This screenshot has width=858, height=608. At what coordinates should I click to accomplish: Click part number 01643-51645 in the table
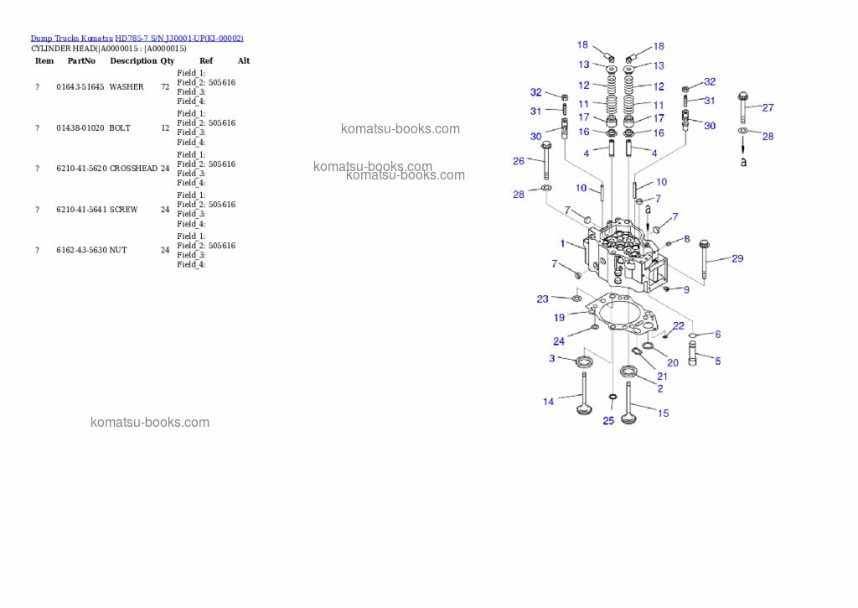80,87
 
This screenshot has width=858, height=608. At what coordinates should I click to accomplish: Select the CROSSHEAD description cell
133,169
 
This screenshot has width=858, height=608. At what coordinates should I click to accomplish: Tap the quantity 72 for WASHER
165,87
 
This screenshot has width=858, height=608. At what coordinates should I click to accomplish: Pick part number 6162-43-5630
80,250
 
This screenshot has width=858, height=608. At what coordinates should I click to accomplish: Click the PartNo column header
81,60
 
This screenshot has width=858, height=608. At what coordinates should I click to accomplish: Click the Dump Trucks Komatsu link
71,38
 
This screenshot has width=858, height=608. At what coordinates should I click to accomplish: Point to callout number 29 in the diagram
737,258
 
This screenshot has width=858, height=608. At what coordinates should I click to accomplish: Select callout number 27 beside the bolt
768,107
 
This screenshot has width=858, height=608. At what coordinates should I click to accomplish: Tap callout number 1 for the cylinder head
562,243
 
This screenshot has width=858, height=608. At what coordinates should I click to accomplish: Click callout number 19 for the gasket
559,318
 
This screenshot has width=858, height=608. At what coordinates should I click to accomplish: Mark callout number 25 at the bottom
608,420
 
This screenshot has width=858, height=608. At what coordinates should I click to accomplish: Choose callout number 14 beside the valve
548,402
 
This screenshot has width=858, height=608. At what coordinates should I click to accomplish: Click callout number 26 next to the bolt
519,160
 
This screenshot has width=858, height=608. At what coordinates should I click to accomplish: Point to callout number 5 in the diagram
717,361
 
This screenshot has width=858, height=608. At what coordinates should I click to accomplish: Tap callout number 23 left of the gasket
543,299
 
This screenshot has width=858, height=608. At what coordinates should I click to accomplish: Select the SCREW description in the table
124,210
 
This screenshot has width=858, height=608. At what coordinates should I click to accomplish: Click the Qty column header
168,60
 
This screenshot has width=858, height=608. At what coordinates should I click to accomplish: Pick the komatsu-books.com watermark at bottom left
150,423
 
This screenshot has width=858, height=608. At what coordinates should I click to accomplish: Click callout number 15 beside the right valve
664,413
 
